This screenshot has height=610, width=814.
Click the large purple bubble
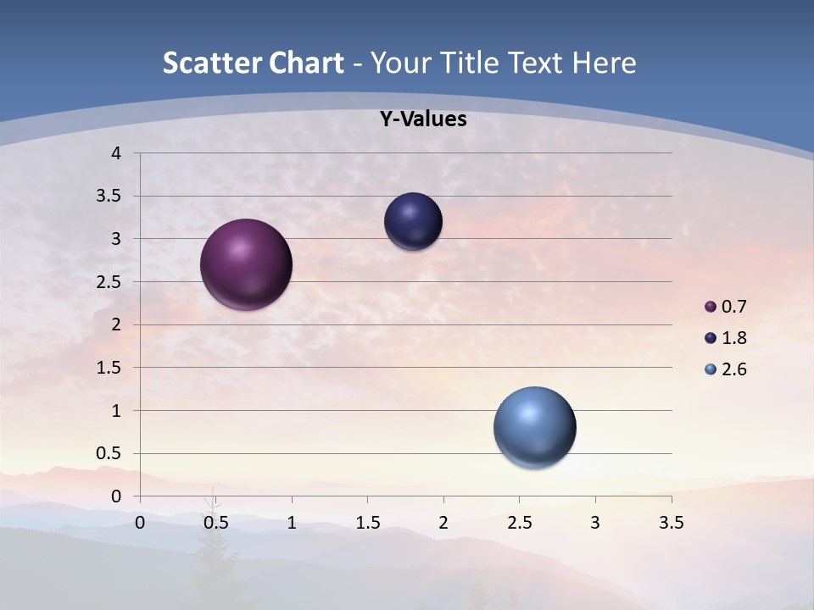tap(247, 264)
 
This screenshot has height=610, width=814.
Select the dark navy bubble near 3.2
tap(413, 222)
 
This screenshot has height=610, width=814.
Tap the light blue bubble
tap(534, 427)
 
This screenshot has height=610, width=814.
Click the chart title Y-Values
tap(422, 119)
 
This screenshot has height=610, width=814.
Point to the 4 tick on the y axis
tap(116, 153)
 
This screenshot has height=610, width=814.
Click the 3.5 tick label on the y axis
tap(109, 197)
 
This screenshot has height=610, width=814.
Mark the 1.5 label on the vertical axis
tap(109, 368)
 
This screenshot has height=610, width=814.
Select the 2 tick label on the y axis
tap(116, 324)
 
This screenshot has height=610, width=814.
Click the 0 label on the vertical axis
tap(116, 496)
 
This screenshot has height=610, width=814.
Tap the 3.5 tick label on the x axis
tap(671, 523)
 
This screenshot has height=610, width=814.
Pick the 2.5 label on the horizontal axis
tap(519, 523)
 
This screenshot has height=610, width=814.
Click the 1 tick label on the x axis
tap(292, 523)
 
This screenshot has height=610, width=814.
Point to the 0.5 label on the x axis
tap(215, 523)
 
